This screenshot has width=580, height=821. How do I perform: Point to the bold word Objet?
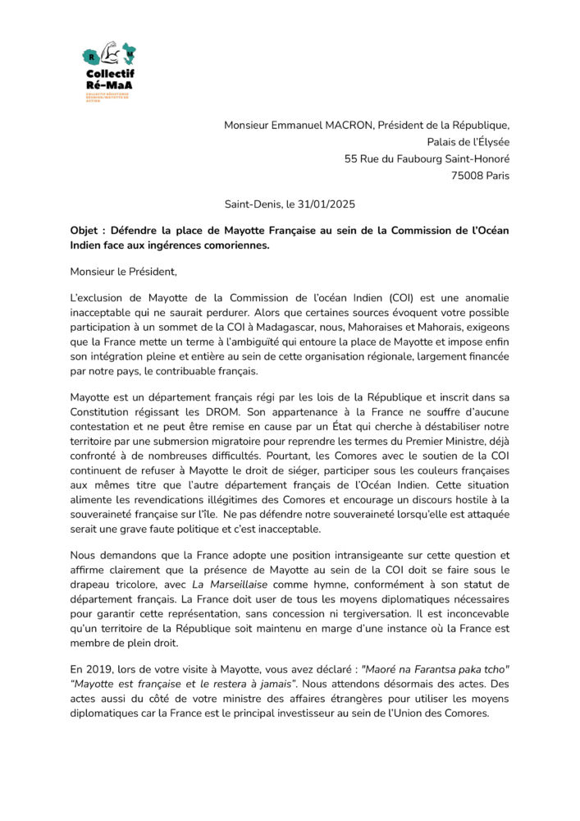[x=87, y=231]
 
